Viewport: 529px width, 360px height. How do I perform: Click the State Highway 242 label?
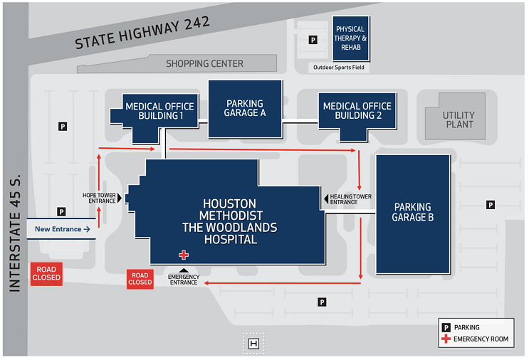(142, 33)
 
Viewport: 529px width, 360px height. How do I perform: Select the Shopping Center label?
(204, 64)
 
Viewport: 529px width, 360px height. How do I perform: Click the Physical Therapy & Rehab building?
(351, 38)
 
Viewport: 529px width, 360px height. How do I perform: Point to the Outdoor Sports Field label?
(340, 68)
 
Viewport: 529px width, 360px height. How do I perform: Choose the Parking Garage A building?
(245, 108)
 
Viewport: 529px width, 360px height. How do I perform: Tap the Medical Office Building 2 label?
(357, 111)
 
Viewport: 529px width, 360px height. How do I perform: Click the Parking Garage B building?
(413, 213)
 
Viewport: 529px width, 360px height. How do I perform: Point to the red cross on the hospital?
(184, 255)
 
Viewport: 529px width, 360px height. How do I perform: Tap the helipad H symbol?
(253, 344)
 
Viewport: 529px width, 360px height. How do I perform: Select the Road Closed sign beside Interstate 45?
(46, 274)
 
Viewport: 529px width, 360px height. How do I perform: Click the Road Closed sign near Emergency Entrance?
(140, 279)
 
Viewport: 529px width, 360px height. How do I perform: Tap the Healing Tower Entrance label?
(351, 199)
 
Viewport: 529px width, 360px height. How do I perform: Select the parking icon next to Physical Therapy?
(313, 41)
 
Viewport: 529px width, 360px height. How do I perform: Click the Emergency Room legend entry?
(481, 339)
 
